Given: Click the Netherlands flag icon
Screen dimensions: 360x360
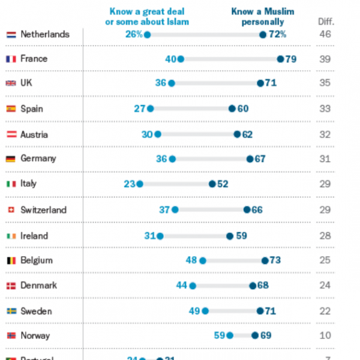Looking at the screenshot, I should click(x=10, y=35).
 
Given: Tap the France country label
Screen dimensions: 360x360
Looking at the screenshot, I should click(x=34, y=59).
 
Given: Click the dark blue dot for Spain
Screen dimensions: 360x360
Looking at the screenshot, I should click(x=232, y=109).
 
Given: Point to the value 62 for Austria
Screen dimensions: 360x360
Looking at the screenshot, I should click(x=247, y=134).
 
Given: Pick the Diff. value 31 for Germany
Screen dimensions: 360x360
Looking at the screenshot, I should click(x=325, y=158).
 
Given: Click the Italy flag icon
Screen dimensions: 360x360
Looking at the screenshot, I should click(x=10, y=184).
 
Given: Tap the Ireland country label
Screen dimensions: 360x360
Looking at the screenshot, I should click(x=35, y=235).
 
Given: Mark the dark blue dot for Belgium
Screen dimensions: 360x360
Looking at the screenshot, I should click(x=265, y=261).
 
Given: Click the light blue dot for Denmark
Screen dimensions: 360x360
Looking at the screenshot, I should click(x=193, y=286).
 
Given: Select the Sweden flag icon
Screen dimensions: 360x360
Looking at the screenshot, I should click(x=10, y=311).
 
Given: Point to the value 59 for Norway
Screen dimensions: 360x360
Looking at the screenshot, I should click(x=220, y=336).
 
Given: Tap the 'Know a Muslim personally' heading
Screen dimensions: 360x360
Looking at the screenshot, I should click(x=263, y=17).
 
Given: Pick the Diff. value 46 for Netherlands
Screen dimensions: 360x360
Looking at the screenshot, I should click(x=325, y=35).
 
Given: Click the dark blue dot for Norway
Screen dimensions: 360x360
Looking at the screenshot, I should click(x=255, y=336).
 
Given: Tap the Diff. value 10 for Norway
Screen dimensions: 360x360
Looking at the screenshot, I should click(x=325, y=336).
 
